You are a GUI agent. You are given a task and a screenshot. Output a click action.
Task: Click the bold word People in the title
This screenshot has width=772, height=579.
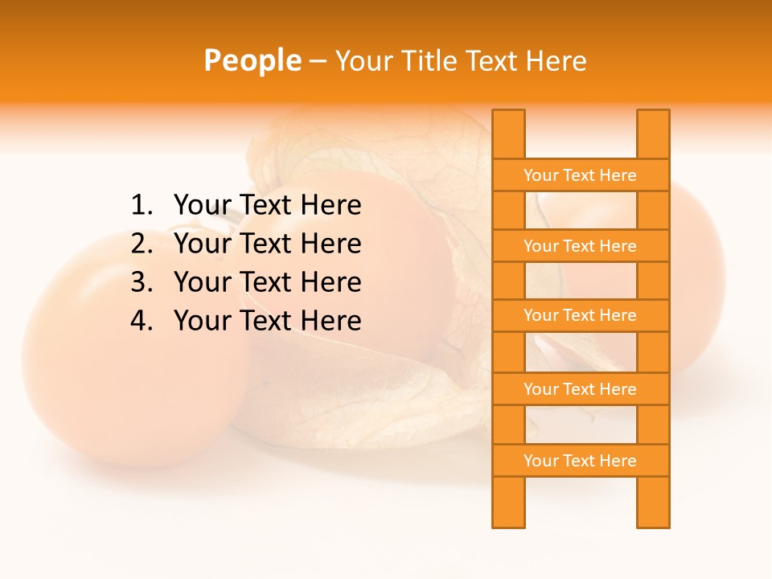coord(253,60)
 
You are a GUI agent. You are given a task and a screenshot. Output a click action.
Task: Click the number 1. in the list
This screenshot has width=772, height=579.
coord(141,206)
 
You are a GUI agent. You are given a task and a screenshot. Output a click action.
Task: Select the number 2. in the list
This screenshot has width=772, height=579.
coord(141,244)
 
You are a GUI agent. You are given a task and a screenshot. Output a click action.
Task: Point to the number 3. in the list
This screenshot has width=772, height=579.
coord(141,282)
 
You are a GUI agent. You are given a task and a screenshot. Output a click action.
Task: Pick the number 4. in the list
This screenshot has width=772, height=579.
coord(141,321)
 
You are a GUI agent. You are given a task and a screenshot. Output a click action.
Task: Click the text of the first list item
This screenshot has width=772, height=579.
coord(267,206)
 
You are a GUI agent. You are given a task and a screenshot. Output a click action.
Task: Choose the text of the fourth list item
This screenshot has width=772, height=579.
coord(267,321)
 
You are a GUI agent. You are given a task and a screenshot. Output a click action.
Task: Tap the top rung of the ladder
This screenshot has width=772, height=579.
coord(580,175)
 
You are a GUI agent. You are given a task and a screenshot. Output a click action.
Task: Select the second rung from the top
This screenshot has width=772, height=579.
coord(580,246)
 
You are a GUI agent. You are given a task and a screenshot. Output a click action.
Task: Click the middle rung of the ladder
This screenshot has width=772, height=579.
coord(580,316)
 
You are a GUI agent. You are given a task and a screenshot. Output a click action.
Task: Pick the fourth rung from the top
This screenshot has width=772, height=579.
coord(580,389)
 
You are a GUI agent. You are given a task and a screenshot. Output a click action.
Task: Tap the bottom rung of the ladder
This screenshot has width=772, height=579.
coord(580,461)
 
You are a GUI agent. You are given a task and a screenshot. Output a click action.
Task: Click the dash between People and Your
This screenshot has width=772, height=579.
coord(318,61)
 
